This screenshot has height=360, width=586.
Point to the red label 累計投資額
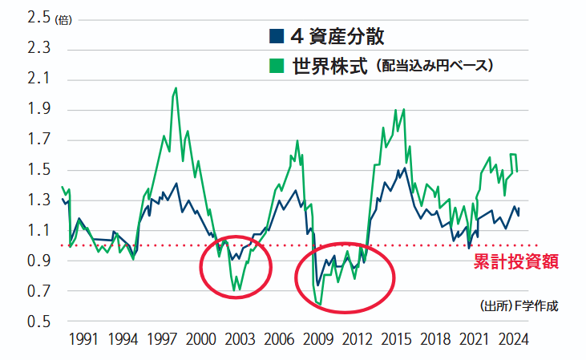pyautogui.click(x=515, y=261)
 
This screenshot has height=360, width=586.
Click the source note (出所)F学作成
pyautogui.click(x=517, y=306)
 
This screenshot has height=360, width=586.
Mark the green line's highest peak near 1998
pyautogui.click(x=176, y=88)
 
